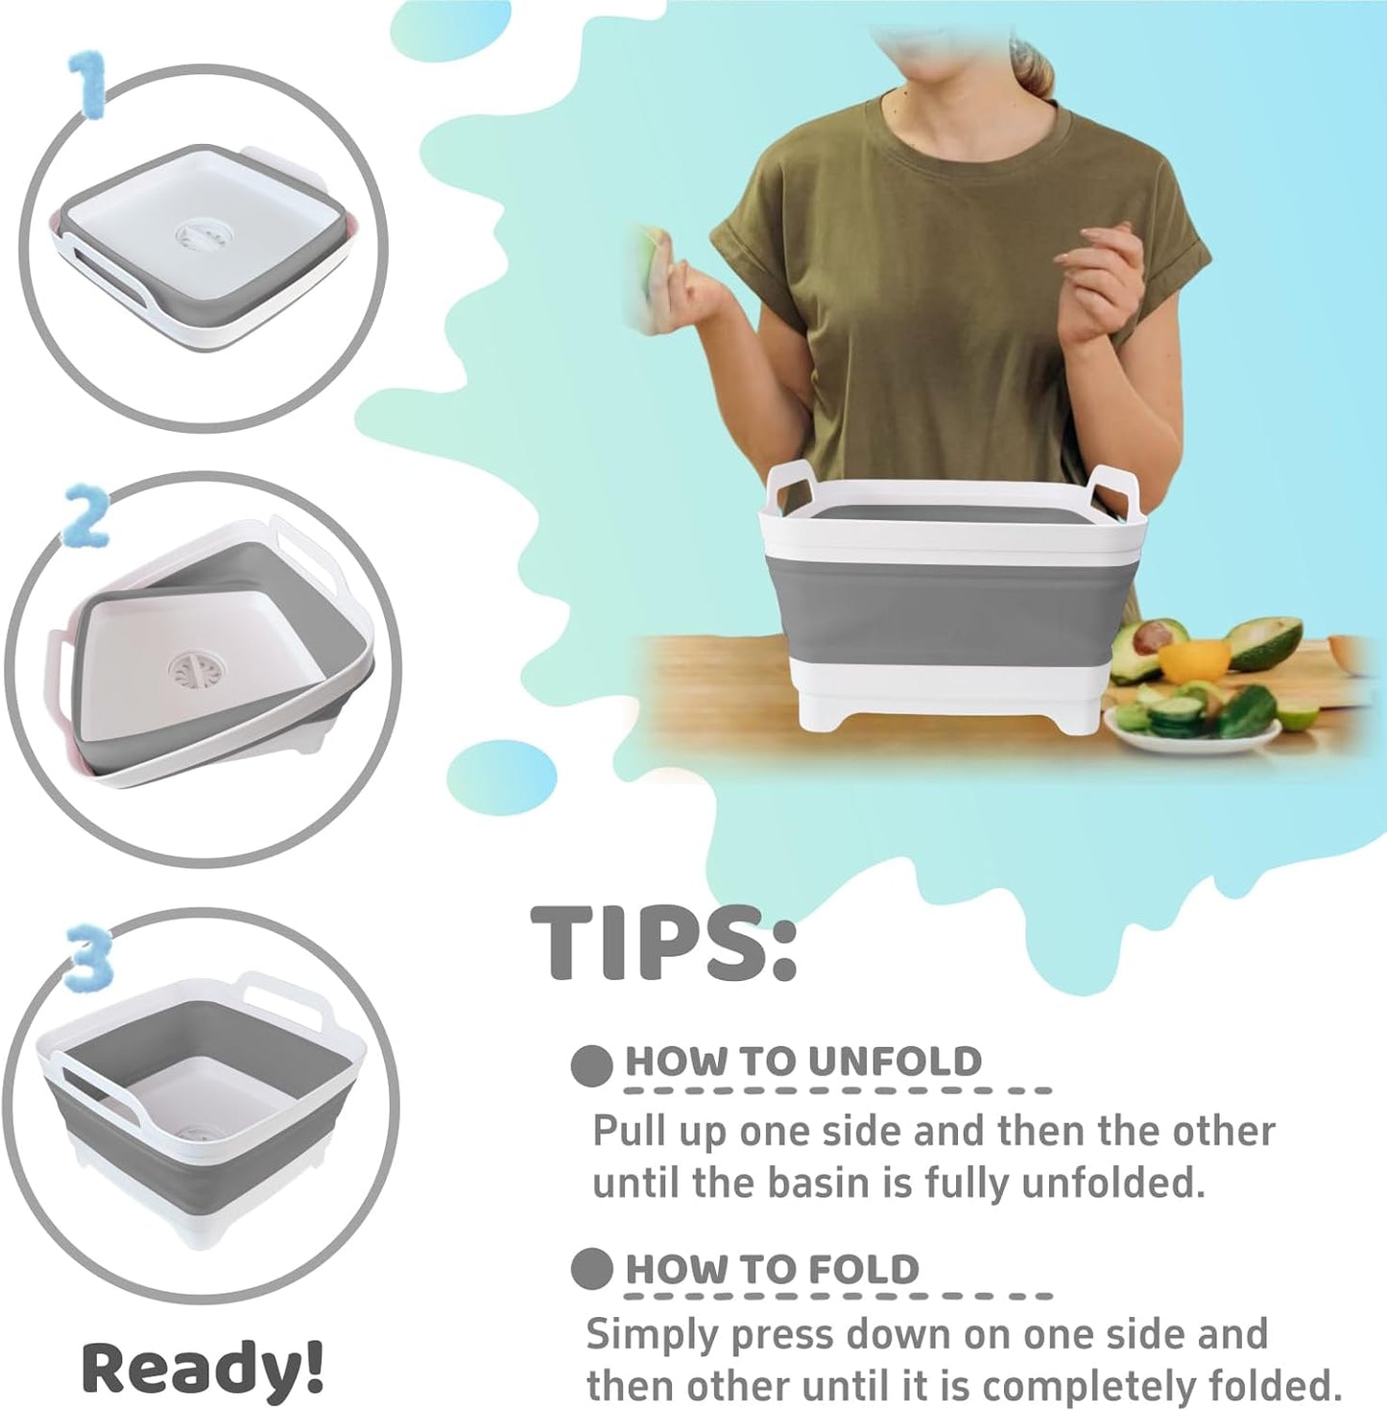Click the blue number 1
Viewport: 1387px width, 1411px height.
(89, 86)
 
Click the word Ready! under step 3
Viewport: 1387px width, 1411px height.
(202, 1367)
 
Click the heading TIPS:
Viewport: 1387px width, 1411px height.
(663, 943)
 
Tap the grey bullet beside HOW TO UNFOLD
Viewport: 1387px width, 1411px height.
(591, 1064)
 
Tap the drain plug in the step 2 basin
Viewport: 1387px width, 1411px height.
(191, 670)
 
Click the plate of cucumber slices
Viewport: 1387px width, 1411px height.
(1190, 724)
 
